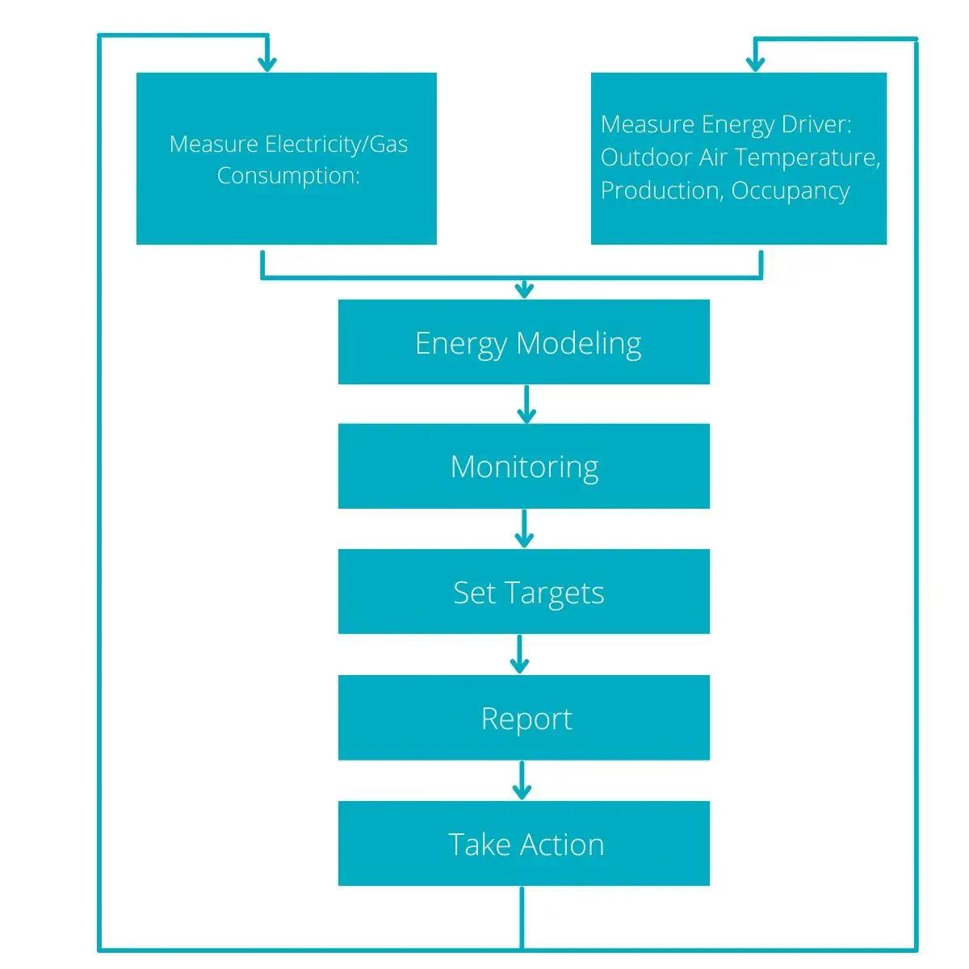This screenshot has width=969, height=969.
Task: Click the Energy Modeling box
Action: [x=523, y=342]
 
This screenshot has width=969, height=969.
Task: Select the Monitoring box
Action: [x=523, y=467]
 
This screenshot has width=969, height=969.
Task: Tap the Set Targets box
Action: [x=523, y=592]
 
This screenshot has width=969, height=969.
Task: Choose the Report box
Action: [x=523, y=718]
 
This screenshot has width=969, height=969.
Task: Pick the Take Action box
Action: [x=523, y=844]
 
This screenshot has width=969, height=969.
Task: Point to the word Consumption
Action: [x=287, y=175]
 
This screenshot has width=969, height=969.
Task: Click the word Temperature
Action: [x=807, y=157]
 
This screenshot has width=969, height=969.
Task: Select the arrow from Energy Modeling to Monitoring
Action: [x=526, y=405]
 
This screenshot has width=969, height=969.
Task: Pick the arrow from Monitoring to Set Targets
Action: [x=525, y=529]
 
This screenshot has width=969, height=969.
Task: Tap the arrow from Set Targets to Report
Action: [x=520, y=654]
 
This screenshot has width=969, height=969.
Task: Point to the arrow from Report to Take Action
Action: [x=522, y=780]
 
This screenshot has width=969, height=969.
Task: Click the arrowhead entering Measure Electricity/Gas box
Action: [x=266, y=63]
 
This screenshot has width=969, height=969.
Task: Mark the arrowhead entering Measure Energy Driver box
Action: [x=755, y=63]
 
